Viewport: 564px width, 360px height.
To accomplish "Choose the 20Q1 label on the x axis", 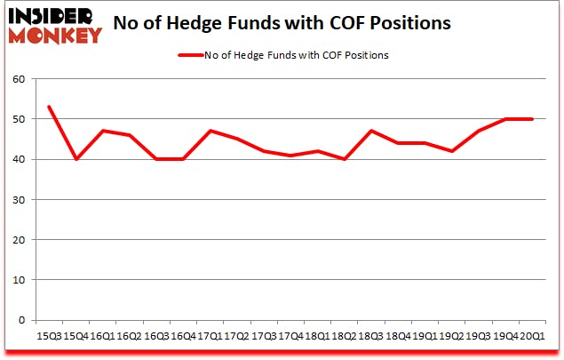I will coord(532,337).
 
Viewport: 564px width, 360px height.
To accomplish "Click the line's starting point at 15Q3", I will coord(49,107).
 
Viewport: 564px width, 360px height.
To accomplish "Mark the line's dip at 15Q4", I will coord(75,159).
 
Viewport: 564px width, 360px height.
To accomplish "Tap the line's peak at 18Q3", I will coord(371,131).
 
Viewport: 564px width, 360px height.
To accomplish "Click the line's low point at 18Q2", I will coord(345,159).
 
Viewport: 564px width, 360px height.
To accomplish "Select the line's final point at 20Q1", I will coord(532,119).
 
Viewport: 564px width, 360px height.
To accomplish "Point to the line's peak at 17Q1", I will coord(210,131).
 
